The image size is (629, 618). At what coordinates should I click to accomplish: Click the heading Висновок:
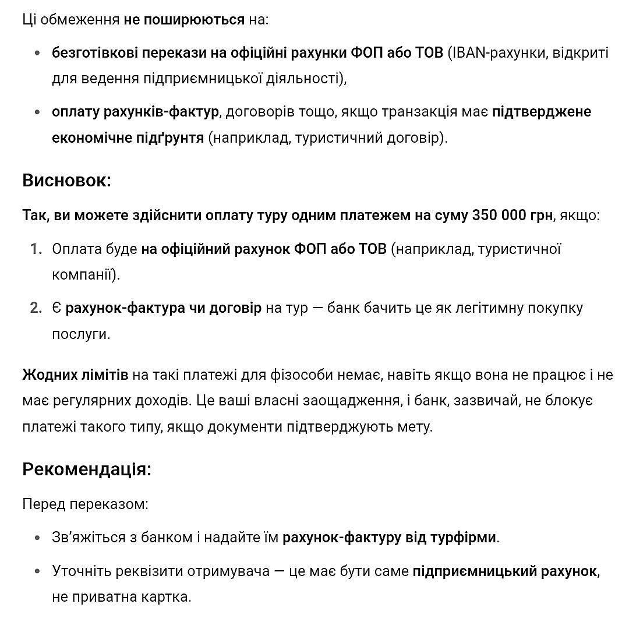pos(66,181)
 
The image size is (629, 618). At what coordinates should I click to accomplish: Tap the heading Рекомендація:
pos(87,469)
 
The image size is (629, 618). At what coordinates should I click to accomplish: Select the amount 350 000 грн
pos(513,216)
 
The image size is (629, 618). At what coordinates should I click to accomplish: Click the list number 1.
pos(37,249)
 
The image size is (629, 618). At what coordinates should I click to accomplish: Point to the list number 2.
pos(37,308)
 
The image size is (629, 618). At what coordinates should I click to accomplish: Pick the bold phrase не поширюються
pos(184,19)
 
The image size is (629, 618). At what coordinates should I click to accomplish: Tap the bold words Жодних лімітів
pos(75,375)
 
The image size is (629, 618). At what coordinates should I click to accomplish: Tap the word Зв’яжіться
pos(89,537)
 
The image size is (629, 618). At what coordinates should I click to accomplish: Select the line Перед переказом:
pos(85,504)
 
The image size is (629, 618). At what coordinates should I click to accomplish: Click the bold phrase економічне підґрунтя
pos(128,138)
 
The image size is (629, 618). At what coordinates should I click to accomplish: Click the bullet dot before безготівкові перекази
pos(38,54)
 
